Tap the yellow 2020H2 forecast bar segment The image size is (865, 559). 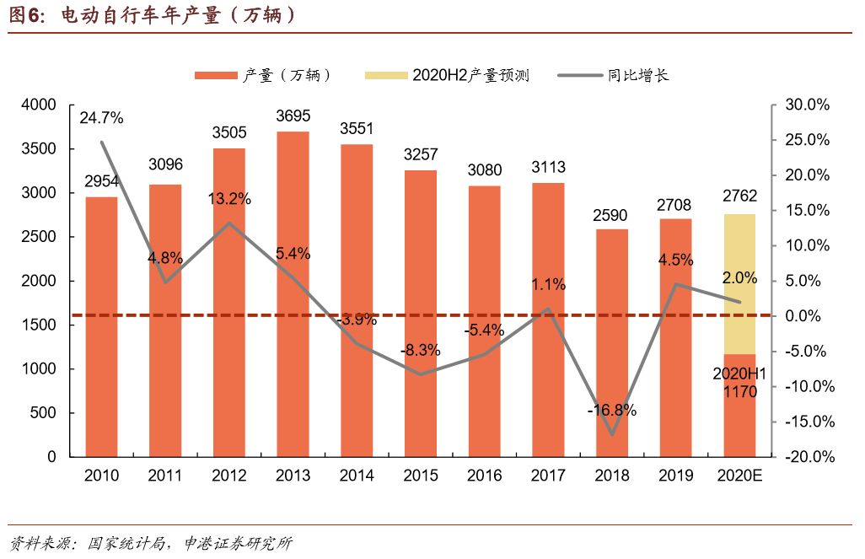739,283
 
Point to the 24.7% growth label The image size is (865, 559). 101,118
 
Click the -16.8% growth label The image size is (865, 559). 612,411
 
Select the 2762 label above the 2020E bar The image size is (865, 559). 739,196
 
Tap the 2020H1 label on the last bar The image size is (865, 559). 739,374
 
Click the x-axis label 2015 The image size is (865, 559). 421,476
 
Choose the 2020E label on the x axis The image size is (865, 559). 739,476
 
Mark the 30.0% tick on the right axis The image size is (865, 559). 808,105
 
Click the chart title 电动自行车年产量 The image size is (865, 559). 178,16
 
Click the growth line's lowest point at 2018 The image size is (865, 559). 612,435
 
